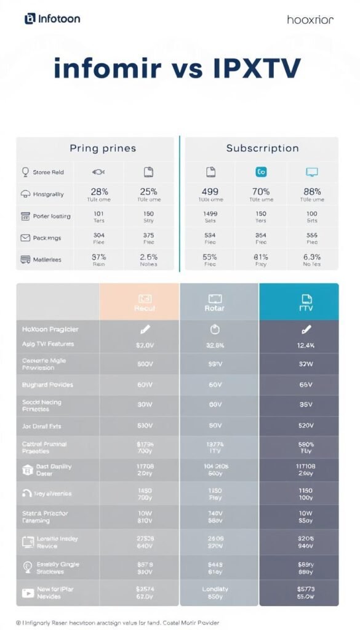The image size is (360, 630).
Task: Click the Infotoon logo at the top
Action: click(52, 19)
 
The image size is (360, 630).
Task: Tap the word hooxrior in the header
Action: click(310, 20)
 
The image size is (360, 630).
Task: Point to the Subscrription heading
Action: click(262, 148)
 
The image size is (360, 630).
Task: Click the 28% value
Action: click(99, 191)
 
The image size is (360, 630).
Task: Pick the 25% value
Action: click(148, 191)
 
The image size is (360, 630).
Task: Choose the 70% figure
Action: click(261, 191)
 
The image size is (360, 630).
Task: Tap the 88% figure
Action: click(312, 191)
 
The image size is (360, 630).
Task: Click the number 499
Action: click(210, 191)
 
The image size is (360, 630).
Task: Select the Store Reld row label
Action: click(48, 172)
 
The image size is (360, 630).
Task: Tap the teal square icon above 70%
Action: click(261, 172)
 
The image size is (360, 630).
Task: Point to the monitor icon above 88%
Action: click(312, 172)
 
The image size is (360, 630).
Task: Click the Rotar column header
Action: click(219, 308)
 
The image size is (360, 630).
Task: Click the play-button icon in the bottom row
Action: click(28, 592)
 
